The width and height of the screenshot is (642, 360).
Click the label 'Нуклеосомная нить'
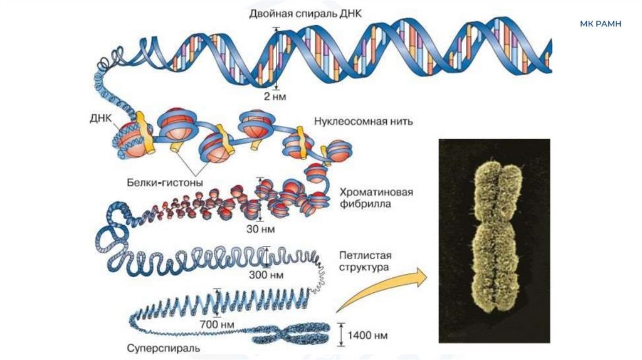click(363, 122)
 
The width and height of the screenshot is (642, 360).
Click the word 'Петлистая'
click(366, 255)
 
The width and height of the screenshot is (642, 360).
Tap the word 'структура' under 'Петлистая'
click(364, 268)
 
